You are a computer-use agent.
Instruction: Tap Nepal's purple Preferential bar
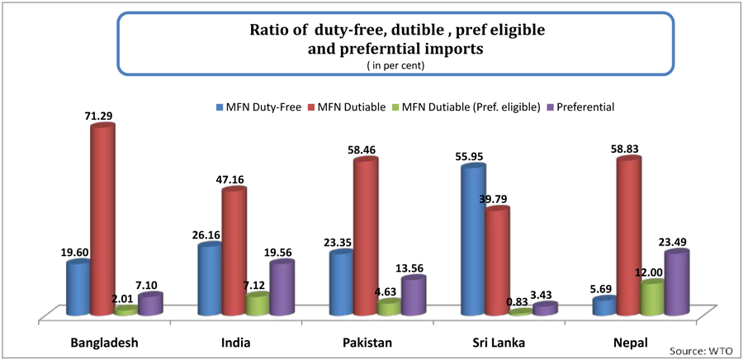675,283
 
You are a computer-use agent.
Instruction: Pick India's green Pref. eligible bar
257,305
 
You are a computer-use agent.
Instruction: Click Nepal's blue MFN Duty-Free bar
604,306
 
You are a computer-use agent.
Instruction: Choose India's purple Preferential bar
281,288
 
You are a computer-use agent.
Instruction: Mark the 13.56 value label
414,268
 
